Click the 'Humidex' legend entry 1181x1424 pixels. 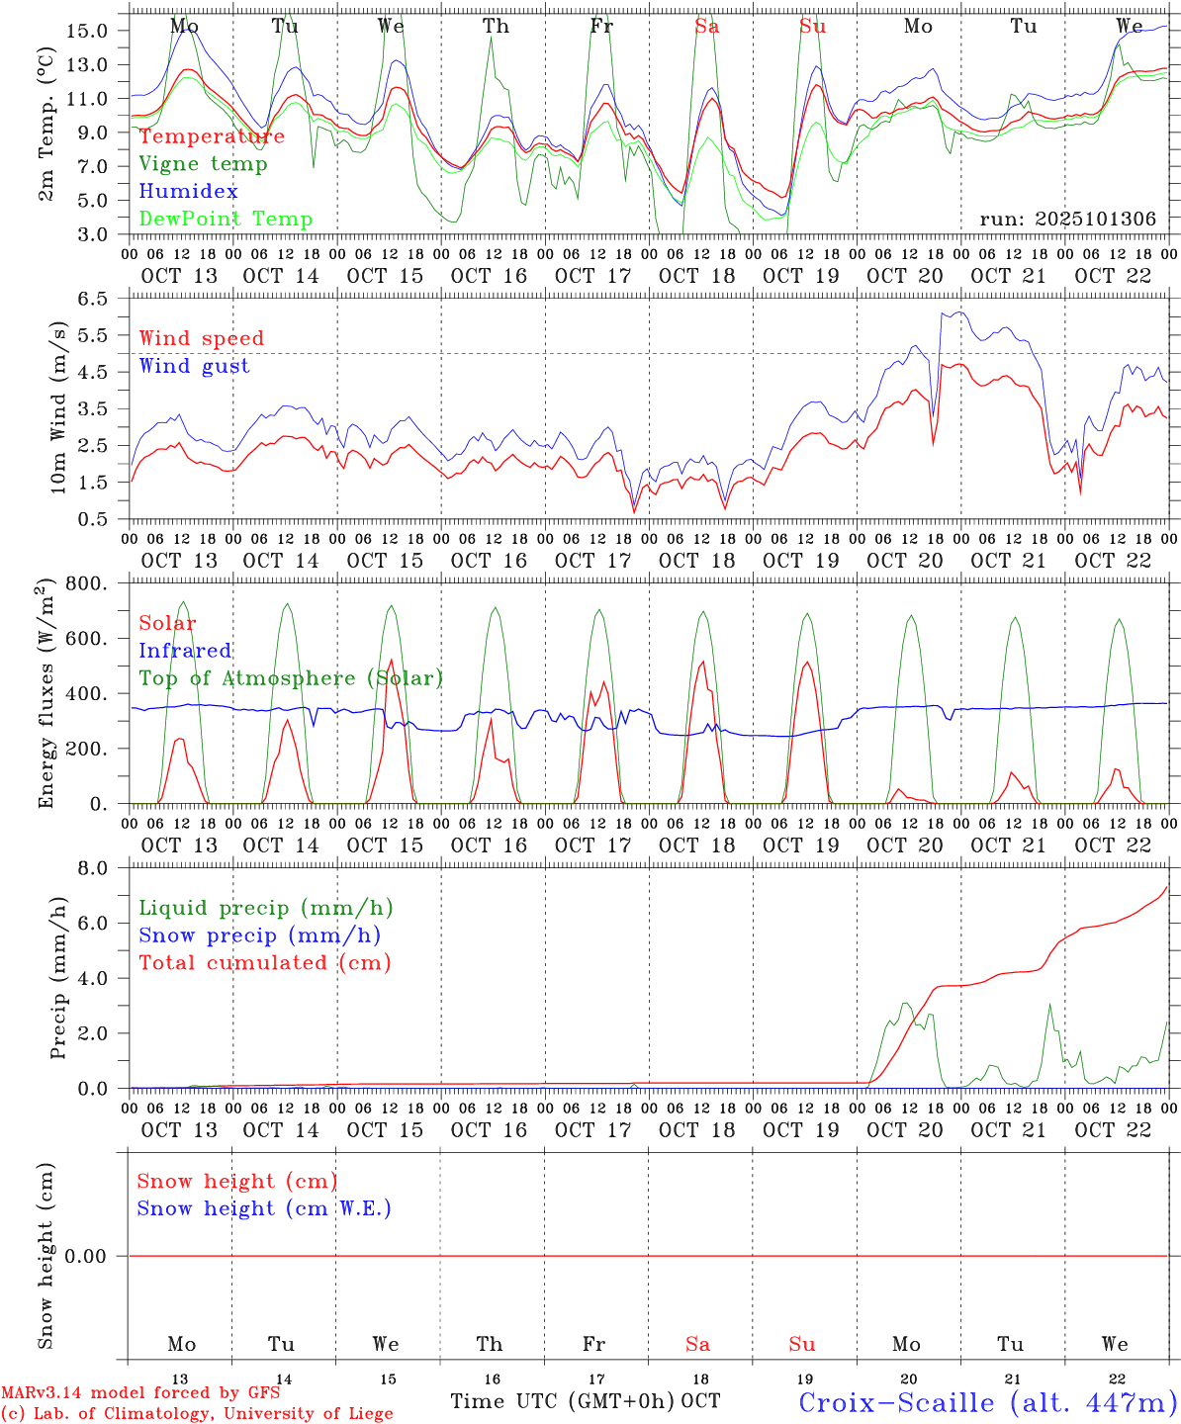click(188, 191)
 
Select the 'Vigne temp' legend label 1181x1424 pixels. click(203, 164)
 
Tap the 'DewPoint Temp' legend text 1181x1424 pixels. click(226, 219)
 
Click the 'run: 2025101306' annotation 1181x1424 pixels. click(1067, 219)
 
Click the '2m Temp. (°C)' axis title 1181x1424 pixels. click(46, 134)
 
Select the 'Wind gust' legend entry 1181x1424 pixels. click(194, 366)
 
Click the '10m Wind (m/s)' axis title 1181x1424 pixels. click(58, 407)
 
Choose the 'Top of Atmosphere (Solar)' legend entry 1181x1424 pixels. click(290, 678)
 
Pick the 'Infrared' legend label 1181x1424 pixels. click(185, 651)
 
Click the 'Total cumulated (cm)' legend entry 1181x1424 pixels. click(264, 962)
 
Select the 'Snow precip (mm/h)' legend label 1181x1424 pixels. click(259, 935)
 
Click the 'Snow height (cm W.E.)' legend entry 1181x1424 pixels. click(263, 1208)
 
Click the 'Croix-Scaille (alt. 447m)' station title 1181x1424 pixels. click(987, 1401)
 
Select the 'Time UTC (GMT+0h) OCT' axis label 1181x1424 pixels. click(585, 1401)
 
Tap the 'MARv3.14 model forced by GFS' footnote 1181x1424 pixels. click(139, 1392)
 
